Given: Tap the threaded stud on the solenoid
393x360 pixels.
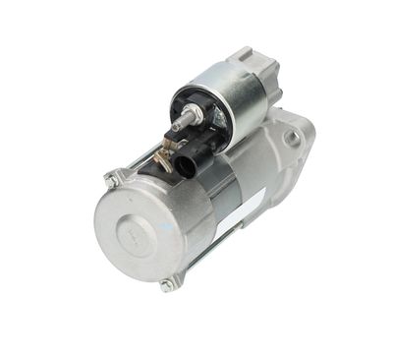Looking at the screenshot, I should click(x=180, y=123).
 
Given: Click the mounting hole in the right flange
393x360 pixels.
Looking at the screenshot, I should click(x=292, y=138).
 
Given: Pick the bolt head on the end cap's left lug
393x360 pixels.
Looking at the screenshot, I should click(x=110, y=180).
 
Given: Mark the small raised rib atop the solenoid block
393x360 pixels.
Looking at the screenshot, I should click(x=244, y=54).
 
